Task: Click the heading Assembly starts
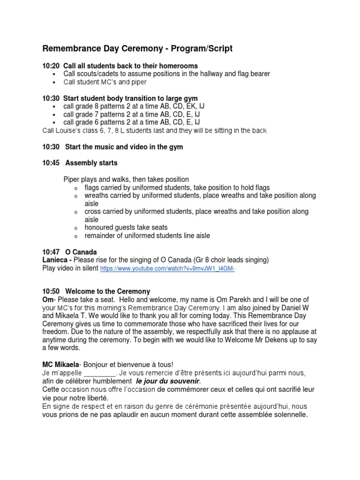[91, 163]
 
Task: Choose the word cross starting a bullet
[93, 212]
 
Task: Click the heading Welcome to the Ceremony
[108, 292]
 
